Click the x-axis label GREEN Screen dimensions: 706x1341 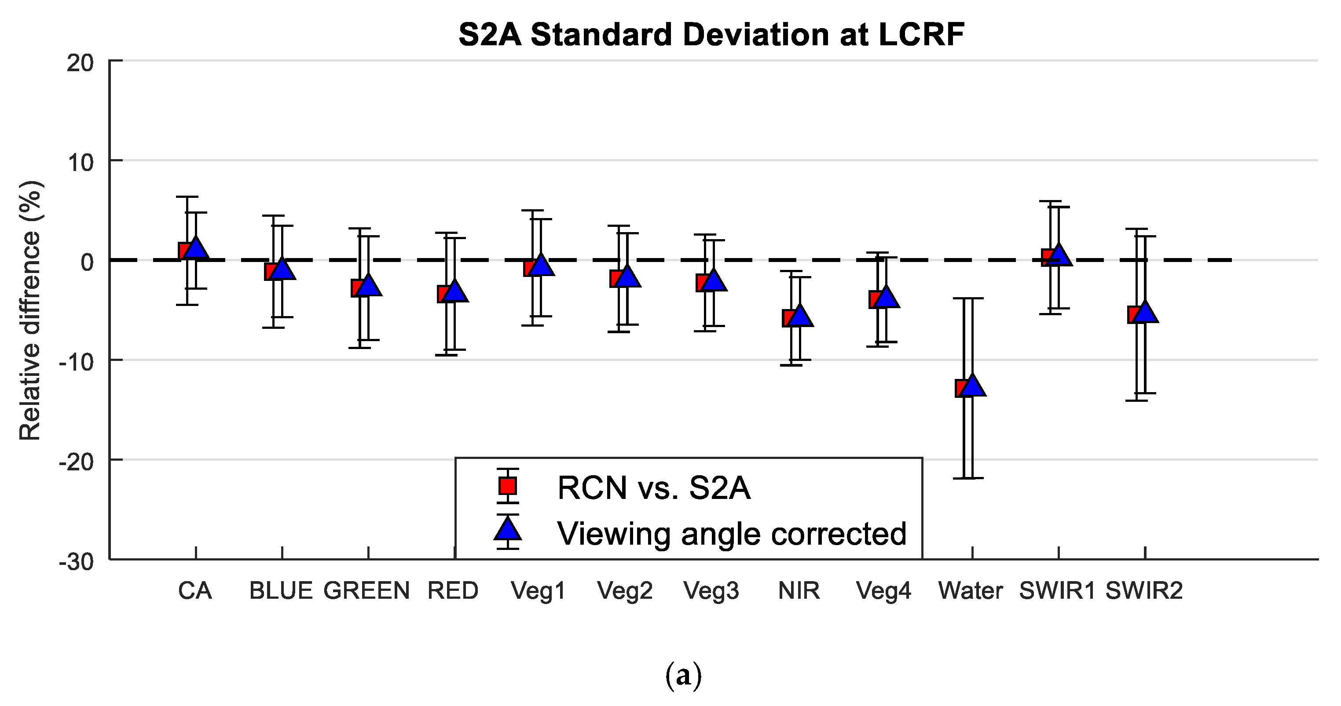(366, 591)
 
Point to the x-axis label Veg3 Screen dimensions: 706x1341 (711, 591)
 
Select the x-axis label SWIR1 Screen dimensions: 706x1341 (1057, 591)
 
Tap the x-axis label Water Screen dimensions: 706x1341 (971, 591)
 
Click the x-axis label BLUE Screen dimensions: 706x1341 (281, 591)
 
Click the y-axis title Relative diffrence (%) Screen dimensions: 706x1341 (30, 311)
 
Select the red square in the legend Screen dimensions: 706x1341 (508, 486)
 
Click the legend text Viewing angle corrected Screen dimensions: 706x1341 (731, 534)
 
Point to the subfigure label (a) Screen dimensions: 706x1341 (684, 676)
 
